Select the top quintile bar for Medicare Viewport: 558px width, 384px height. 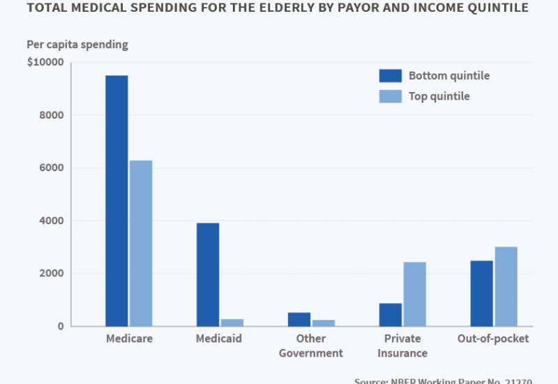[x=140, y=244]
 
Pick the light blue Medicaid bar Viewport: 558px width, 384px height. [x=232, y=323]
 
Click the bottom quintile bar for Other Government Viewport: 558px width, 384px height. [x=299, y=319]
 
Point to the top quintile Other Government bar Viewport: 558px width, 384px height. [x=323, y=323]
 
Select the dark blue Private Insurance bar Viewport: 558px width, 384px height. [x=391, y=315]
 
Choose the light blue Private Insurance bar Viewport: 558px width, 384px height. [x=414, y=294]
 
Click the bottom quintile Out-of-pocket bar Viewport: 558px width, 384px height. [x=482, y=293]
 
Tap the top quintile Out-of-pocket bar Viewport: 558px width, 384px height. [x=506, y=286]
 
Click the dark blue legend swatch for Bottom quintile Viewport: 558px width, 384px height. [x=391, y=75]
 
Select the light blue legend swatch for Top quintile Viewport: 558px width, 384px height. [x=391, y=96]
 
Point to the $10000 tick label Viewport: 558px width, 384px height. [x=45, y=62]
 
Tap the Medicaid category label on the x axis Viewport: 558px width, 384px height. [x=219, y=339]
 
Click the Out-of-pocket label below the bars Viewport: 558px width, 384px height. [x=493, y=339]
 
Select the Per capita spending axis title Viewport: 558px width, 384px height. [x=77, y=44]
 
